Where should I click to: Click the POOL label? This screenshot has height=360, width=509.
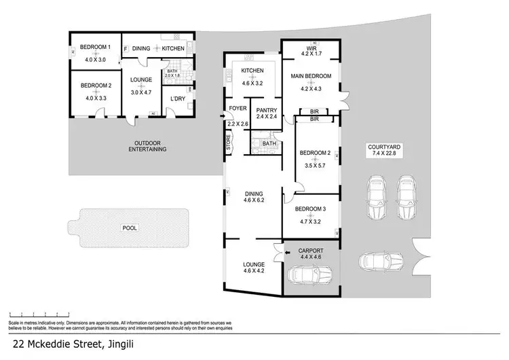point(128,229)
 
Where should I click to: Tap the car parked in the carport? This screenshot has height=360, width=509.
point(309,275)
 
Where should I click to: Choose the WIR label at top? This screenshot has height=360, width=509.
point(312,48)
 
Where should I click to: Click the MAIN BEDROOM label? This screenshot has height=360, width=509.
point(312,76)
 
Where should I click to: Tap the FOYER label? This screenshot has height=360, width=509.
point(238,109)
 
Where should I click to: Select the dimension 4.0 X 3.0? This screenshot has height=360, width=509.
point(96,59)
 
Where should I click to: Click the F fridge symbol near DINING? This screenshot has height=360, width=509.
point(126,48)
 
